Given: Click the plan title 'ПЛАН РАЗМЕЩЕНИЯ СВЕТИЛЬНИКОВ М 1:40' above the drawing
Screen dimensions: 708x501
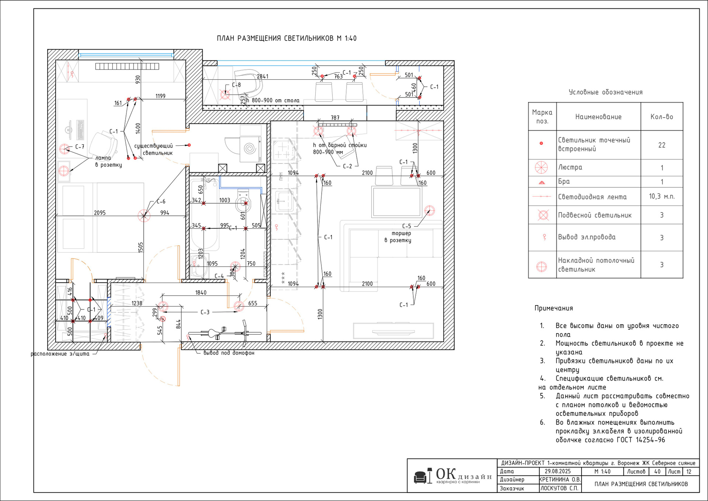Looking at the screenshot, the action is pos(287,38).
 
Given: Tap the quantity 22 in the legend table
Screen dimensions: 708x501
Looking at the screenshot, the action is pos(662,145).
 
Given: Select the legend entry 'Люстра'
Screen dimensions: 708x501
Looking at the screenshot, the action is pos(570,167).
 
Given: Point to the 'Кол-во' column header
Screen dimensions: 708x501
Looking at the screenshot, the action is pos(662,117).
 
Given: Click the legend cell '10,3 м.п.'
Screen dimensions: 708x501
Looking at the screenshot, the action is pos(662,197).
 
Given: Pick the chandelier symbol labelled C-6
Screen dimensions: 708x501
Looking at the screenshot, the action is pos(144,216).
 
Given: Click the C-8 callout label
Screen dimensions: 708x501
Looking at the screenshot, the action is pos(236,85).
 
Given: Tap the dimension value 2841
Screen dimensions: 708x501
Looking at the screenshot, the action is pos(263,76).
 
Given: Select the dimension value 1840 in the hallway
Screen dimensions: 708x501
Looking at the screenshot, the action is pos(201,293).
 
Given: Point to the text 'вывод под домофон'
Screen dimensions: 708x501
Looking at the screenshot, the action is pos(229,353).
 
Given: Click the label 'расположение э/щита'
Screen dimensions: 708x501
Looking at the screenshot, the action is pos(60,354).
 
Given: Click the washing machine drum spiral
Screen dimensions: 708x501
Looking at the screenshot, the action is pos(250,149).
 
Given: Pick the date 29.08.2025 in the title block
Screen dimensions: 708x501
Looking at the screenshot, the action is pos(558,471).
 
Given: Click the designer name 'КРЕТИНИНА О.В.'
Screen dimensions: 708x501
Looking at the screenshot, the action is pos(560,480).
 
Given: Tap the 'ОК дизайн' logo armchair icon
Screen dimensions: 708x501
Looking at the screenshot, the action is pos(421,477).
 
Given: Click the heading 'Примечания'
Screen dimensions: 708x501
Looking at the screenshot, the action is pos(554,308).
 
